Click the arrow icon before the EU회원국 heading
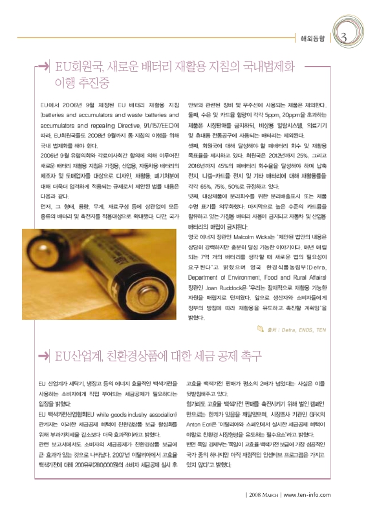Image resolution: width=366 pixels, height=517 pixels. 43,67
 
